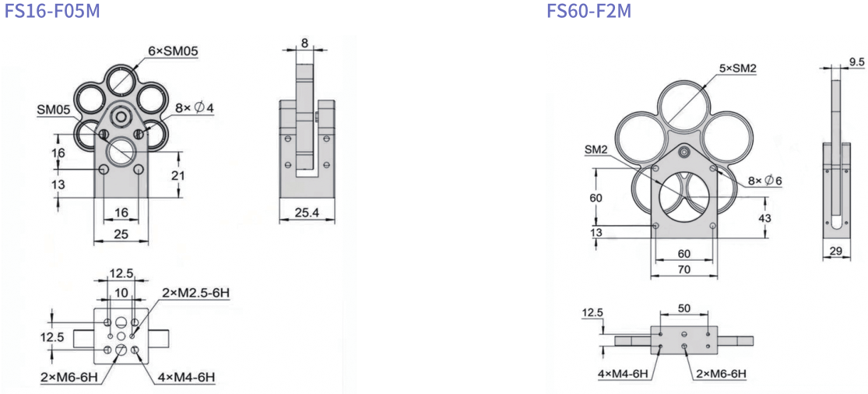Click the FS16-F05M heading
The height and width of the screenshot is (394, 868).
pyautogui.click(x=53, y=11)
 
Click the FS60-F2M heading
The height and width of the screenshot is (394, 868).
pyautogui.click(x=589, y=11)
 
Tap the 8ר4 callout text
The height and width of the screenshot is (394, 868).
pyautogui.click(x=195, y=108)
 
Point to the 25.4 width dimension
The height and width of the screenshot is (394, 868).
pyautogui.click(x=307, y=213)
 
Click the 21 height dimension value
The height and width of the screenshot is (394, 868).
pyautogui.click(x=191, y=175)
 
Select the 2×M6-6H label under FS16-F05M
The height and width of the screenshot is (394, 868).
pyautogui.click(x=69, y=378)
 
